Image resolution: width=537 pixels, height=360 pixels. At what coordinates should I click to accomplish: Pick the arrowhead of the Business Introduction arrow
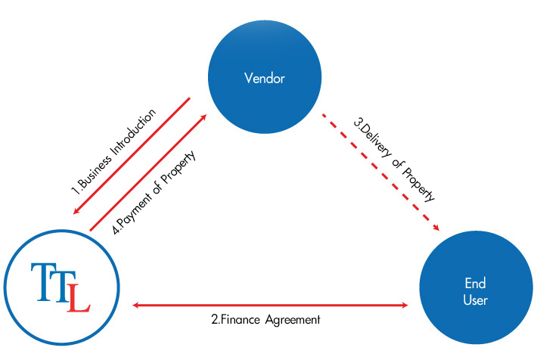76,212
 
